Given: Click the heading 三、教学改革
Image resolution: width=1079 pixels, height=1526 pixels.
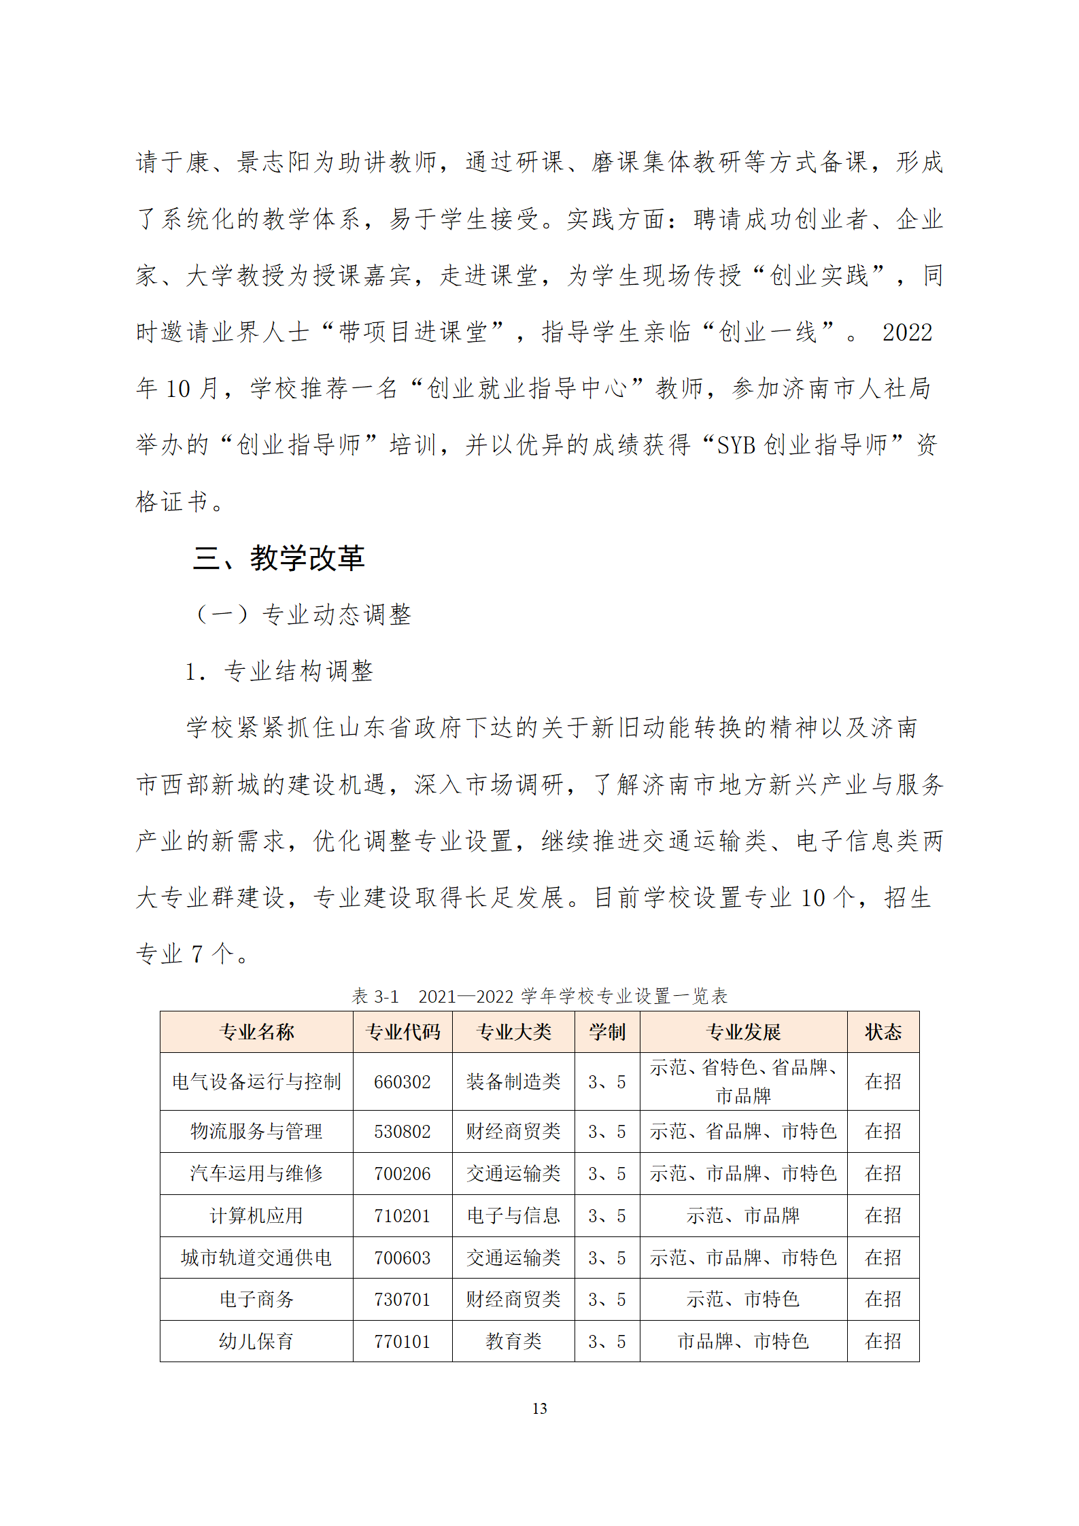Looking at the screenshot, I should pos(279,558).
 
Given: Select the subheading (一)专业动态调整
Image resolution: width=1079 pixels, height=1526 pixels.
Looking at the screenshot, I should pos(303,614).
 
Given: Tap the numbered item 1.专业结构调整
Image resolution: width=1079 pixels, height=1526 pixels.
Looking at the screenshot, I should pos(279,672).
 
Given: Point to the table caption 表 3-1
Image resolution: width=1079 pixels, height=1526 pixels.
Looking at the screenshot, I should pos(375,996).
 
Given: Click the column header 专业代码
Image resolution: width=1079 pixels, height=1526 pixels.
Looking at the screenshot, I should pos(403,1033).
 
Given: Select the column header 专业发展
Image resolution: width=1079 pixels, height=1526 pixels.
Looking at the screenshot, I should pos(743,1033).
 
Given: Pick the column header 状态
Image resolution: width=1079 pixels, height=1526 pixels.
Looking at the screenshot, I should pos(883,1033).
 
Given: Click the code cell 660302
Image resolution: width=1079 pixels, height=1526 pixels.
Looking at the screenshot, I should pos(403,1081).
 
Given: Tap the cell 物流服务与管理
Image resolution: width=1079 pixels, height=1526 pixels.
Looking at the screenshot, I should pos(256,1131).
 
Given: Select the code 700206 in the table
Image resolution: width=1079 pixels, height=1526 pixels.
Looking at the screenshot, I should pos(403,1173).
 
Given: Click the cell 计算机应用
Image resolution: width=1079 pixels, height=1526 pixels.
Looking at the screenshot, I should pos(256,1215).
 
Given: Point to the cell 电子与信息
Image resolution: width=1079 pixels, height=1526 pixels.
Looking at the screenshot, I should pos(513,1215).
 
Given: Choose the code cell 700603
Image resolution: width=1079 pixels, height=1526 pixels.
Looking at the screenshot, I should pos(403,1258).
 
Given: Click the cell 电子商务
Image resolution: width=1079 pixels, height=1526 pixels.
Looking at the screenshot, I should pos(256,1299).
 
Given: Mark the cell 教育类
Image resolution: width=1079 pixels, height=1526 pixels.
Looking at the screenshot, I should pos(513,1341).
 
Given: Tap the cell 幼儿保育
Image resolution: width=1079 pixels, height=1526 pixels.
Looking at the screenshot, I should pos(256,1341).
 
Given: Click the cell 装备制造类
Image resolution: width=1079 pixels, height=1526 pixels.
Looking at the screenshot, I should pos(513,1081).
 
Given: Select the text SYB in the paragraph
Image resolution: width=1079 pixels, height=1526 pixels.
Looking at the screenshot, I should pos(736,445).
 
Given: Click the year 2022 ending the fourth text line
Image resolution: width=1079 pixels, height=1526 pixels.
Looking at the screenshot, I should pos(907,332).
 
